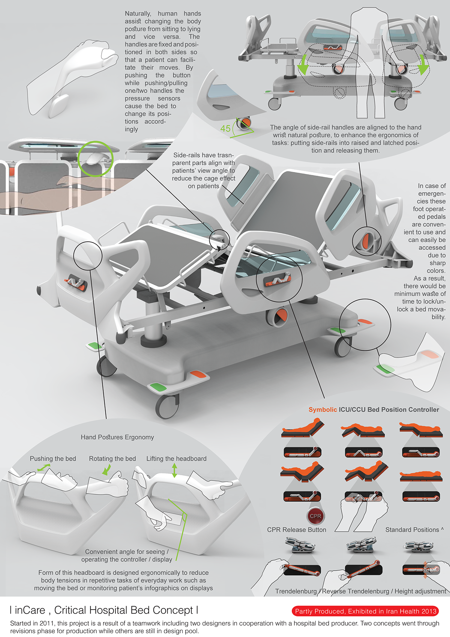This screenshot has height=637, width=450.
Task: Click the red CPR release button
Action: click(315, 516)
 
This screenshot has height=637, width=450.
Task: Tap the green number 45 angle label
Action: click(225, 129)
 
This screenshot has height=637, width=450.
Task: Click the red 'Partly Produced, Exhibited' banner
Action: click(366, 611)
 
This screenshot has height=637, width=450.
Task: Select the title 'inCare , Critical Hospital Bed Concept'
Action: click(104, 610)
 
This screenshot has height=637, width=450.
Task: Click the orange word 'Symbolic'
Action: click(322, 410)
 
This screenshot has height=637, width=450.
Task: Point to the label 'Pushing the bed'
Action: click(53, 459)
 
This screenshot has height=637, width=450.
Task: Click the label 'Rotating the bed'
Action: click(112, 459)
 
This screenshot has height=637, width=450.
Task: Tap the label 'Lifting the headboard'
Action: click(176, 459)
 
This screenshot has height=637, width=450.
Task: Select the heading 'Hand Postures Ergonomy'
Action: click(117, 437)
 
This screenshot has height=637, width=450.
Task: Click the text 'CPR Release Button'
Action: click(297, 530)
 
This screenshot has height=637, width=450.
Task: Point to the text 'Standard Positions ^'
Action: click(414, 530)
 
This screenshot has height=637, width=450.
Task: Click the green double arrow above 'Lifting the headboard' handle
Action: click(174, 470)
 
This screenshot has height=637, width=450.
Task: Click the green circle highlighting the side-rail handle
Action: click(95, 159)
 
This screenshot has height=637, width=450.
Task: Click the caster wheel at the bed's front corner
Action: click(167, 406)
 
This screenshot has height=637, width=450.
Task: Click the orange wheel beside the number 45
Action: click(245, 123)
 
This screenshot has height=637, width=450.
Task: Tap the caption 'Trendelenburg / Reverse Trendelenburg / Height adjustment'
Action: click(360, 591)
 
